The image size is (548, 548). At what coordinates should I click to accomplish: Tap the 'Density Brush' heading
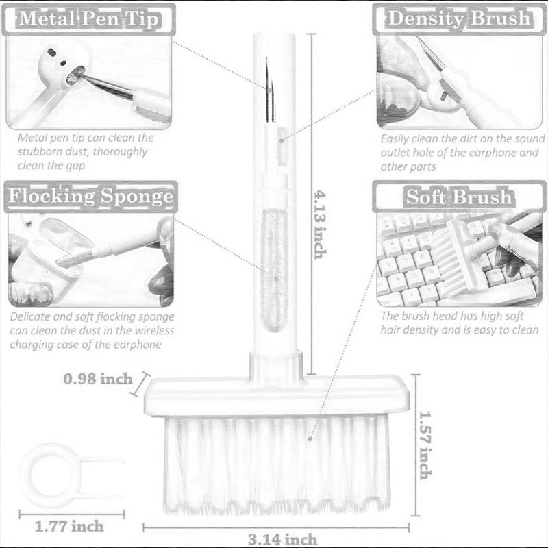tap(459, 18)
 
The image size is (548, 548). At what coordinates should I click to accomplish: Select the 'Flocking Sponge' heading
tap(89, 197)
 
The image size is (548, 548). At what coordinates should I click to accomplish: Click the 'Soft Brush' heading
tap(458, 197)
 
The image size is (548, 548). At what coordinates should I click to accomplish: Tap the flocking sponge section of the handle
tap(275, 274)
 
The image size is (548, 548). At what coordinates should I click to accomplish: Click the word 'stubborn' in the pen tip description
tap(39, 152)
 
